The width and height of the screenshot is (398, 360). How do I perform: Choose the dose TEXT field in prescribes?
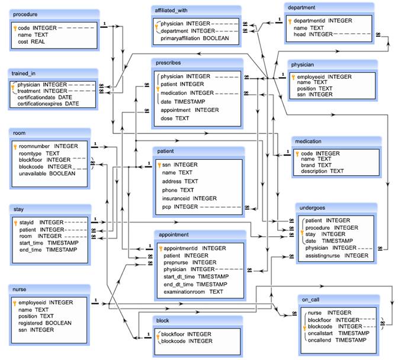click(175, 118)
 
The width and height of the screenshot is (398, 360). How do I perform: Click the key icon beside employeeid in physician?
click(293, 77)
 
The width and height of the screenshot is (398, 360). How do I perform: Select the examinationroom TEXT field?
click(193, 291)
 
